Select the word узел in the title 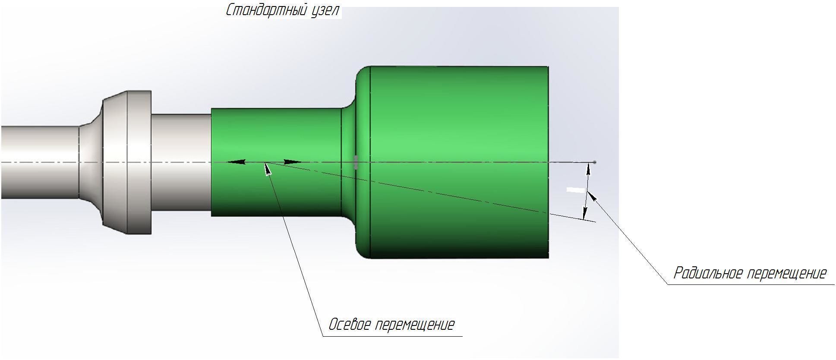click(x=325, y=10)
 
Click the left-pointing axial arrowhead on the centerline click(x=236, y=162)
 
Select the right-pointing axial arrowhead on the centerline click(x=292, y=162)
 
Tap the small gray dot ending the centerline click(x=595, y=162)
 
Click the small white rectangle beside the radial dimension click(x=575, y=190)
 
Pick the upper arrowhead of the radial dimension click(x=588, y=169)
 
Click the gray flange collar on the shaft click(x=127, y=162)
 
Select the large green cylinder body click(x=459, y=129)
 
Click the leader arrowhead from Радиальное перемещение click(x=592, y=196)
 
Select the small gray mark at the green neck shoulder click(x=356, y=162)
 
